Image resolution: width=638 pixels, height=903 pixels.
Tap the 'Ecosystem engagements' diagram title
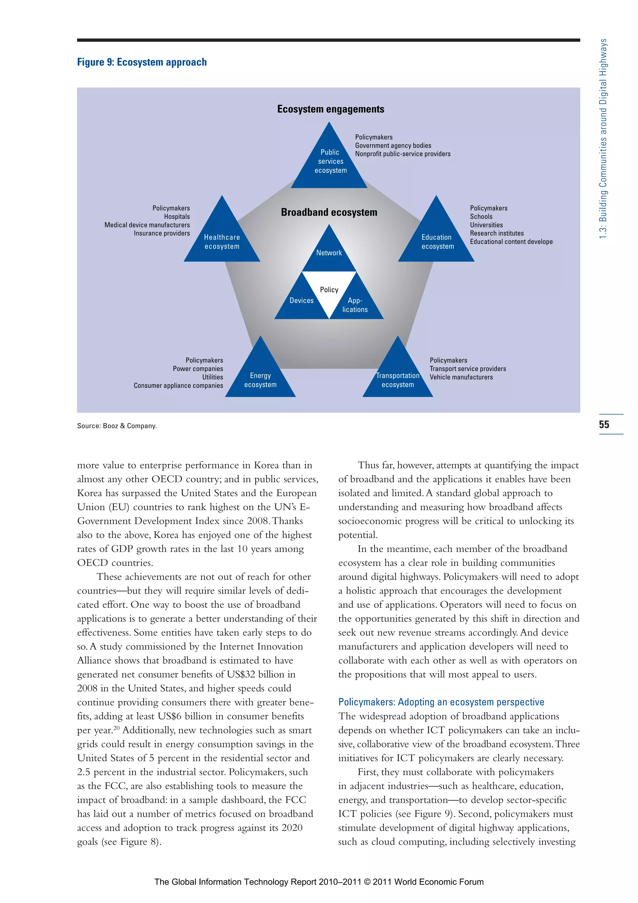click(331, 109)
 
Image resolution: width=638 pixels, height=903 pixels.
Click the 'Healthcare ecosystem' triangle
click(222, 240)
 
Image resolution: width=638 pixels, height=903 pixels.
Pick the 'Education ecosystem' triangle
click(436, 240)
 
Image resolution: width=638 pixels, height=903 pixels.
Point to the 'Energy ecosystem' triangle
click(260, 377)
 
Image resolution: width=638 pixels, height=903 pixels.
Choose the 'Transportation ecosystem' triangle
click(398, 377)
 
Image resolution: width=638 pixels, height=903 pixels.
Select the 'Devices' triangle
click(302, 301)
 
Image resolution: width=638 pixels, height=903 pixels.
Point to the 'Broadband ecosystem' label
click(329, 212)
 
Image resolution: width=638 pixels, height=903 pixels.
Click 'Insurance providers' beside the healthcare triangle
click(162, 233)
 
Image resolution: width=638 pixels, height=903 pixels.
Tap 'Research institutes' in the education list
click(497, 233)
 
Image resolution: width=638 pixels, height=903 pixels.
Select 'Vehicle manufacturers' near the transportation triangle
click(461, 377)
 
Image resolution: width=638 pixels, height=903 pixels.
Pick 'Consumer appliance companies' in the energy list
click(178, 386)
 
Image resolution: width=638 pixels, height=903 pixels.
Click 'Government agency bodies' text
click(393, 146)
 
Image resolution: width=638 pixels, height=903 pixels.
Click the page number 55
click(604, 424)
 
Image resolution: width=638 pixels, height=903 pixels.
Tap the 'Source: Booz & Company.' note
click(117, 425)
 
